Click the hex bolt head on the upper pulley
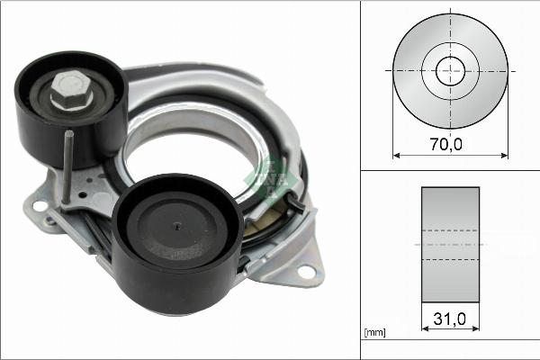click(67, 90)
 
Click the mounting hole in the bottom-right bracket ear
click(305, 270)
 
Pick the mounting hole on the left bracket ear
click(40, 206)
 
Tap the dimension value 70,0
click(450, 141)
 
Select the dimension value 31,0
click(450, 319)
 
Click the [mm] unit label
click(375, 333)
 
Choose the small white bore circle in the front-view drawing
click(450, 71)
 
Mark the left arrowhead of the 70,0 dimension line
click(397, 156)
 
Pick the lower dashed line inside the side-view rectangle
click(450, 260)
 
